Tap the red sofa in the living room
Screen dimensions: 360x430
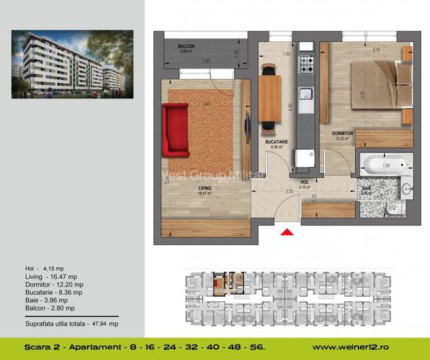click(x=175, y=130)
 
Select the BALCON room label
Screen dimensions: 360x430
click(x=186, y=46)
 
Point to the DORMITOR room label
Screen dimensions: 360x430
click(x=342, y=134)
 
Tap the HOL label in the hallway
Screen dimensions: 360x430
click(x=304, y=182)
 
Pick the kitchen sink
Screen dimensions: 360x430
click(x=307, y=94)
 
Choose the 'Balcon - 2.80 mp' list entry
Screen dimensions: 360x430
click(x=49, y=308)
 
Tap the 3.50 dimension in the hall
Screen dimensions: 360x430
click(x=289, y=191)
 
